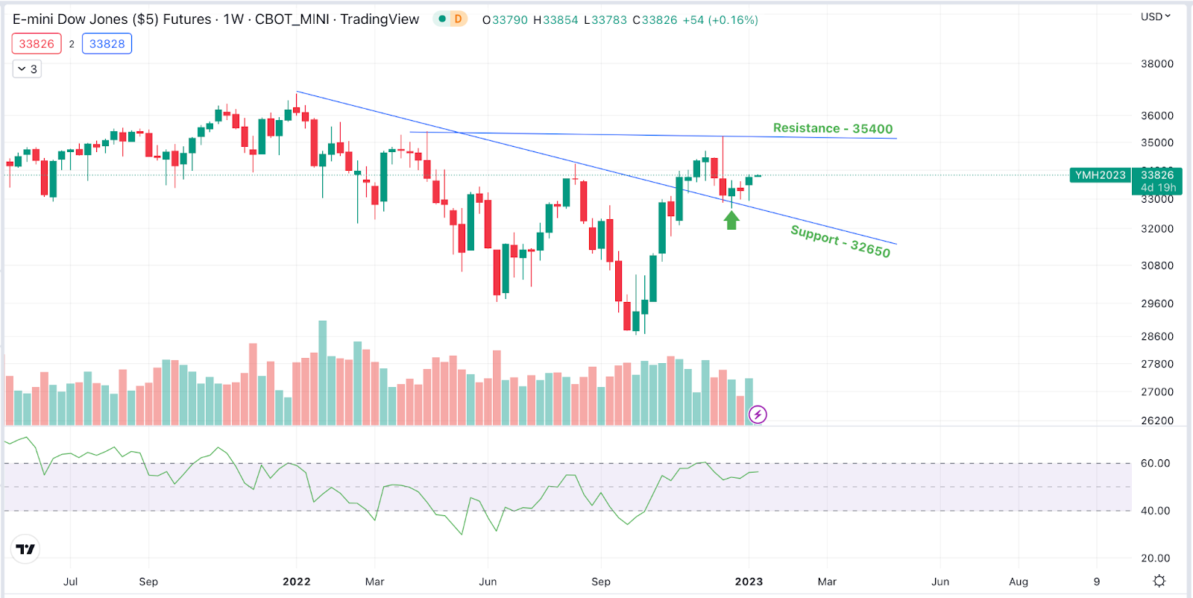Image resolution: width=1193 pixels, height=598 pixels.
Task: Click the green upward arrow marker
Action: [x=731, y=220]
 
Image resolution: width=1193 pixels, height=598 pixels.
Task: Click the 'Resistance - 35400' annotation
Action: [x=832, y=128]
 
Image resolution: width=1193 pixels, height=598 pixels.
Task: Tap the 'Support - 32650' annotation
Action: [x=840, y=241]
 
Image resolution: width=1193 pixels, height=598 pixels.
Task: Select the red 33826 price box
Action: [x=37, y=44]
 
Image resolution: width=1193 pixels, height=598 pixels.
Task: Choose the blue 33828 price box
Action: [x=107, y=44]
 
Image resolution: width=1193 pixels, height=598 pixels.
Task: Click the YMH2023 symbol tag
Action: [x=1100, y=175]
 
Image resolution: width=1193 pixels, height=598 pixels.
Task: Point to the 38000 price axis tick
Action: [x=1156, y=64]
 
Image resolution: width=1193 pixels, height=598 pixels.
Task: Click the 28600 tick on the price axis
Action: [x=1156, y=336]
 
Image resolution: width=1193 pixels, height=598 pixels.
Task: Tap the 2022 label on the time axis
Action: [x=296, y=582]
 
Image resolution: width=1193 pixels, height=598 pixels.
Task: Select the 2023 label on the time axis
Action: [x=749, y=582]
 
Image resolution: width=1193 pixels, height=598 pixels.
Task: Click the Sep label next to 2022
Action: [x=148, y=582]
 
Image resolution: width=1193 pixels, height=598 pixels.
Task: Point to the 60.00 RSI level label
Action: [x=1155, y=463]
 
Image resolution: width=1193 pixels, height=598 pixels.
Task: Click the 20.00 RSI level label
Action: [x=1155, y=558]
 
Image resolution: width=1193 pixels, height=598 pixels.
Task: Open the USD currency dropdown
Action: [x=1155, y=16]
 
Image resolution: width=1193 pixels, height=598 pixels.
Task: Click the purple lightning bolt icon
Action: [x=758, y=415]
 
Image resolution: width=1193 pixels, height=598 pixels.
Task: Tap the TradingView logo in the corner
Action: [x=25, y=550]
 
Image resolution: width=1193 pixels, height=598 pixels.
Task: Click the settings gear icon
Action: [x=1159, y=581]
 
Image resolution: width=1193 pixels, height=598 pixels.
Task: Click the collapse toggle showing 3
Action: [x=27, y=69]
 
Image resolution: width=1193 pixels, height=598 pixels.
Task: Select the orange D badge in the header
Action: [x=458, y=19]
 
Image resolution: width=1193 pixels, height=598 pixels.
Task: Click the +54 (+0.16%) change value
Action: [x=720, y=20]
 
